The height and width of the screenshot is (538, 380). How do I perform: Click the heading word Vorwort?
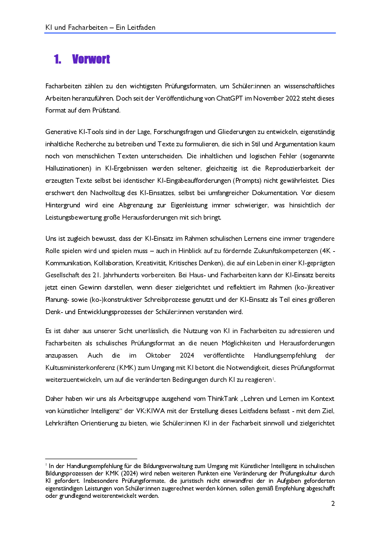91,59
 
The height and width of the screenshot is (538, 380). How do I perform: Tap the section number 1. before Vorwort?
57,59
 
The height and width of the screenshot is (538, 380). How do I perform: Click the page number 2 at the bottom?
333,503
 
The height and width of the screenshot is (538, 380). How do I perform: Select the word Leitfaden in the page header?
142,27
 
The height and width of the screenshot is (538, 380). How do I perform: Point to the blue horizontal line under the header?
190,33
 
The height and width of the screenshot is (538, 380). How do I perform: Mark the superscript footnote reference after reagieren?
273,379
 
